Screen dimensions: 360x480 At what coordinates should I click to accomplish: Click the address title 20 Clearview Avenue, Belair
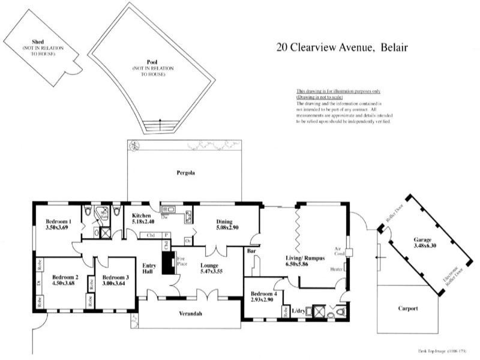342,47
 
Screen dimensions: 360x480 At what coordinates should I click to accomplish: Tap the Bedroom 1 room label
59,221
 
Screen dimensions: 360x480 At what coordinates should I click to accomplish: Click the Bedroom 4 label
263,293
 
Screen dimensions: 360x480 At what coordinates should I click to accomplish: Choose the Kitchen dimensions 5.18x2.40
143,222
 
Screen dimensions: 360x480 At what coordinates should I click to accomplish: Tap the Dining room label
227,221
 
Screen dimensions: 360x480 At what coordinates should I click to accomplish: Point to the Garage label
422,239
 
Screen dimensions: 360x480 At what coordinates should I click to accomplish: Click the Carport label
408,308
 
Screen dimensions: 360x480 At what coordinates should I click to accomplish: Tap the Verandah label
190,314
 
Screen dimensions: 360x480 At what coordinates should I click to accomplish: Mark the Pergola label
185,173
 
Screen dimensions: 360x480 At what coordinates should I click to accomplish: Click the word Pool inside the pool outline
152,62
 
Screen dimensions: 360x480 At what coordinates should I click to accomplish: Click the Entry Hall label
149,269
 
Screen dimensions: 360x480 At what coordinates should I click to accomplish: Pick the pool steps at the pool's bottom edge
160,127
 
